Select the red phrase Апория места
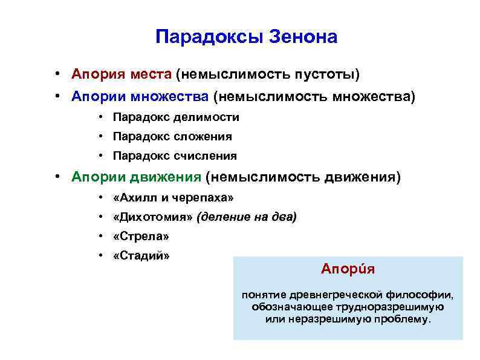click(x=122, y=74)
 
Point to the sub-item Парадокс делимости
click(x=176, y=117)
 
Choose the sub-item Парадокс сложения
click(x=172, y=136)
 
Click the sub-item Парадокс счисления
click(x=175, y=155)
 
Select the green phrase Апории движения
click(x=136, y=177)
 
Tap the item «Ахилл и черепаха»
click(x=173, y=198)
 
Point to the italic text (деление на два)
click(x=247, y=217)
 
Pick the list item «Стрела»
click(x=141, y=236)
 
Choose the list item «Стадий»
click(x=141, y=255)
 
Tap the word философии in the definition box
click(x=423, y=295)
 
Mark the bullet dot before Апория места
click(x=55, y=74)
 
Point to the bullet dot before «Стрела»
click(x=99, y=236)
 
